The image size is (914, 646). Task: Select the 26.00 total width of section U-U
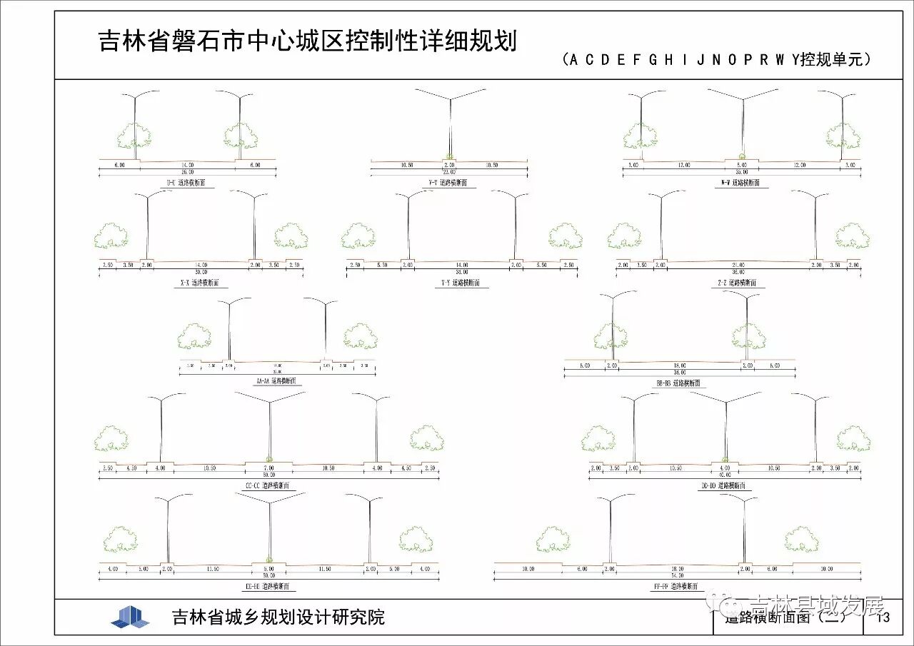[188, 172]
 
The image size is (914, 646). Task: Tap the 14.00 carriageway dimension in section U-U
[188, 164]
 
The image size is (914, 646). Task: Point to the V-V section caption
[448, 183]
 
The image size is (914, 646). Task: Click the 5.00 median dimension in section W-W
[742, 165]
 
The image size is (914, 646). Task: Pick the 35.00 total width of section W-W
[741, 172]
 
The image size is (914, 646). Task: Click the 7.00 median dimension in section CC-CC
[269, 468]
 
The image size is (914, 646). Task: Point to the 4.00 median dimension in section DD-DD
[725, 468]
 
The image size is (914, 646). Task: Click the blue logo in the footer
[130, 617]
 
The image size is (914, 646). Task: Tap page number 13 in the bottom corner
[883, 617]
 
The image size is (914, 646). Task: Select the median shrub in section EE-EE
[269, 558]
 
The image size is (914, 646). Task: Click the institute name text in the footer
[278, 617]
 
